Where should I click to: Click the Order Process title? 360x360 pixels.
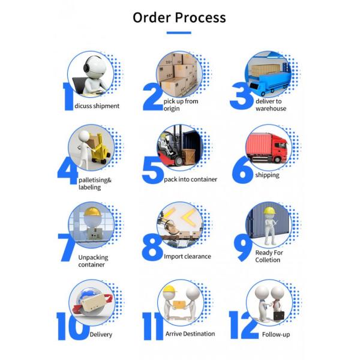pyautogui.click(x=179, y=17)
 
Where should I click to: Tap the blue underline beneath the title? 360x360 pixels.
pyautogui.click(x=179, y=33)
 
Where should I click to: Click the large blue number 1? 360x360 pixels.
pyautogui.click(x=68, y=97)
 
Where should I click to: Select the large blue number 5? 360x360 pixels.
pyautogui.click(x=152, y=170)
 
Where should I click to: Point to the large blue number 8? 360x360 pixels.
pyautogui.click(x=152, y=247)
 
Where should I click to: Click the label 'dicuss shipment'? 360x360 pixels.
pyautogui.click(x=97, y=106)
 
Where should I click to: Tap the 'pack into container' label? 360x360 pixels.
pyautogui.click(x=190, y=179)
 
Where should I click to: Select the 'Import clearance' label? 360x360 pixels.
pyautogui.click(x=187, y=256)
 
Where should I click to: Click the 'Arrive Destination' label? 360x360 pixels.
pyautogui.click(x=190, y=334)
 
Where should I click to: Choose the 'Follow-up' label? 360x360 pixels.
pyautogui.click(x=276, y=335)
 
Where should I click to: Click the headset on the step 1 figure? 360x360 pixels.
pyautogui.click(x=88, y=64)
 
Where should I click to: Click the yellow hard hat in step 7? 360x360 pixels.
pyautogui.click(x=92, y=212)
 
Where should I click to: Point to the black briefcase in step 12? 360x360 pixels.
pyautogui.click(x=279, y=316)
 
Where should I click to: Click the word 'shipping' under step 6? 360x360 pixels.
pyautogui.click(x=267, y=175)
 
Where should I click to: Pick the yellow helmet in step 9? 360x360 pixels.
pyautogui.click(x=269, y=211)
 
